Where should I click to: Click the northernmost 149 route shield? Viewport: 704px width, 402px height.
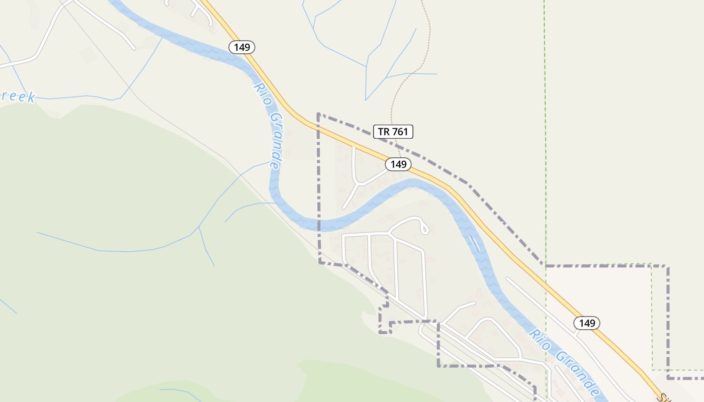(x=242, y=47)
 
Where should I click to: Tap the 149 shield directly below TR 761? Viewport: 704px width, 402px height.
(x=398, y=164)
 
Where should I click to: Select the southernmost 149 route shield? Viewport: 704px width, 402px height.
(x=587, y=323)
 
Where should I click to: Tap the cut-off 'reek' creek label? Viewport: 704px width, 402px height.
(x=18, y=97)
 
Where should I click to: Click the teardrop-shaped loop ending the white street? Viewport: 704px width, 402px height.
(x=424, y=229)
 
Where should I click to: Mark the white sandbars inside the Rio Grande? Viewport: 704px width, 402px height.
(x=474, y=243)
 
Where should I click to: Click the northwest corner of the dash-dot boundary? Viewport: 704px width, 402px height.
(x=318, y=114)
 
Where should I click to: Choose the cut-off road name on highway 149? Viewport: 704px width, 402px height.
(x=667, y=397)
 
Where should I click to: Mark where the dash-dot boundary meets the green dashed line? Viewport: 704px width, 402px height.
(x=546, y=265)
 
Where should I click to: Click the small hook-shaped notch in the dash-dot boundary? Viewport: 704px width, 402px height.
(x=384, y=327)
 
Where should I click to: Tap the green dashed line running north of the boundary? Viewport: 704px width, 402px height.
(x=545, y=126)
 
